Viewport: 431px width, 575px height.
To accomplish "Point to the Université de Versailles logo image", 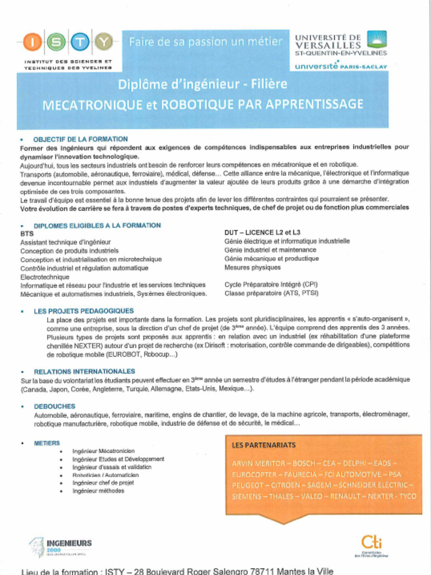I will coord(377,40).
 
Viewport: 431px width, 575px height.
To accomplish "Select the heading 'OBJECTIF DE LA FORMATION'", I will coord(80,139).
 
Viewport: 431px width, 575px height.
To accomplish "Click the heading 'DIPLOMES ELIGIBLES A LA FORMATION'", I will coord(97,225).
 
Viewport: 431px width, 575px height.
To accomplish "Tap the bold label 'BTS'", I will coord(27,233).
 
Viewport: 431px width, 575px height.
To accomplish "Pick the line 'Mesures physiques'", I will coord(252,268).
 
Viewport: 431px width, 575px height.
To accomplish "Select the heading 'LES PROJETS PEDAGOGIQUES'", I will coord(84,311).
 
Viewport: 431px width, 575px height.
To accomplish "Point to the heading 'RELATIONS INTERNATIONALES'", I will coord(84,371).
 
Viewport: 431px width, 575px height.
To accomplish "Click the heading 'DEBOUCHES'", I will coord(54,406).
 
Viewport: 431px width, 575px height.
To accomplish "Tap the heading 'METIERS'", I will coord(47,443).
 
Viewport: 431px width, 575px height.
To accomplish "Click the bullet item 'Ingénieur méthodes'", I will coord(98,491).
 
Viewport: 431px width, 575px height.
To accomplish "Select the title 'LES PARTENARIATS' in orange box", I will coord(264,445).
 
